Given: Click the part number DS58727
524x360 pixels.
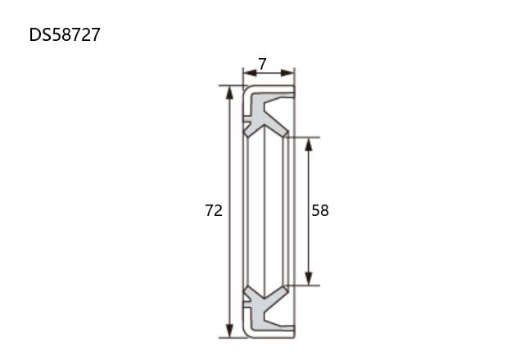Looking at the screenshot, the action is tap(65, 34).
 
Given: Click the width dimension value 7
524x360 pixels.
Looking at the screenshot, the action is tap(263, 64).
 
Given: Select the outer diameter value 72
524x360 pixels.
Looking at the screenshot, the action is tap(214, 211).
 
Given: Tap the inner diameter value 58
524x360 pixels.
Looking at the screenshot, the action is tap(320, 211).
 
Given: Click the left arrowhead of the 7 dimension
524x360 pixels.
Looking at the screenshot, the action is tap(250, 73).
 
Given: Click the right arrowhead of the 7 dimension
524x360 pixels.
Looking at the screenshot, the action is tap(287, 73).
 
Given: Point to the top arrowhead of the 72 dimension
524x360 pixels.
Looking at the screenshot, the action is tap(229, 92).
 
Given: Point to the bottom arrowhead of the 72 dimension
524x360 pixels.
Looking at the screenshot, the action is tap(229, 331).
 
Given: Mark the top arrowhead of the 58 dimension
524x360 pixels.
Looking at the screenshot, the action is tap(309, 144).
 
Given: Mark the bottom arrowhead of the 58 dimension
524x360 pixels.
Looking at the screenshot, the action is tap(309, 279).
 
